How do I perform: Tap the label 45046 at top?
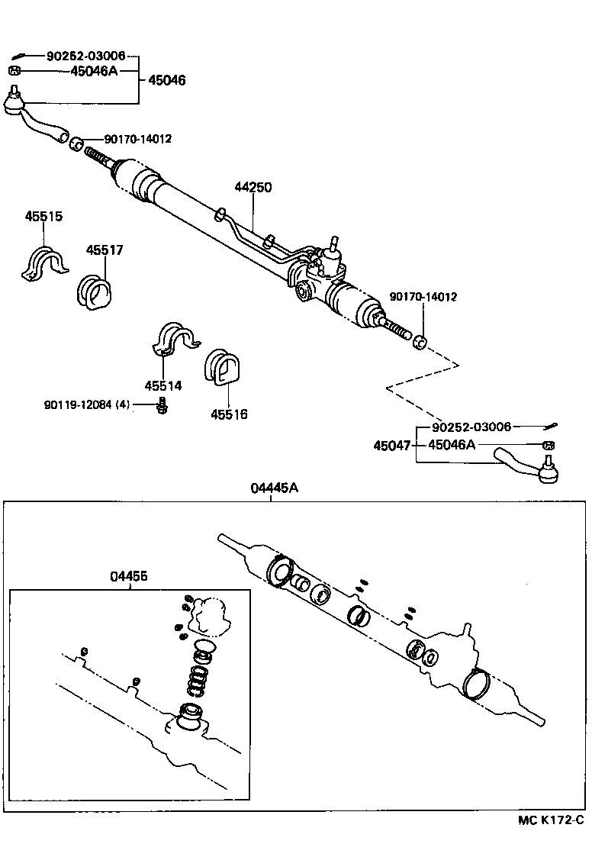coord(166,80)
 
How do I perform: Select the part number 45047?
coord(391,446)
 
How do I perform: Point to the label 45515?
coord(43,217)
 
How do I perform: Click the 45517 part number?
coord(105,250)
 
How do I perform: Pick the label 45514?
coord(163,386)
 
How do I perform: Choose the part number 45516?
coord(230,414)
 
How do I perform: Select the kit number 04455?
coord(129,578)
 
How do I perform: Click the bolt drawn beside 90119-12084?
coord(162,406)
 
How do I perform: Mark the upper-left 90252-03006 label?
coord(86,56)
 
